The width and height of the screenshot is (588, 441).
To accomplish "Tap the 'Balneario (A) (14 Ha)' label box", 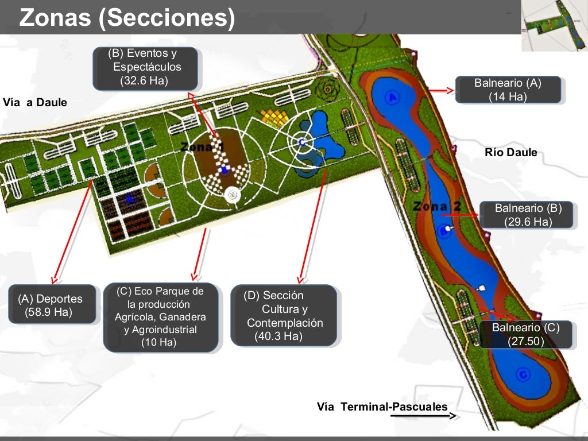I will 508,90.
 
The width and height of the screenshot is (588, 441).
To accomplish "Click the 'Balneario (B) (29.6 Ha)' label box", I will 528,215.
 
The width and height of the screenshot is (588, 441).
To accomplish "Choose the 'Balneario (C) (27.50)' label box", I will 525,334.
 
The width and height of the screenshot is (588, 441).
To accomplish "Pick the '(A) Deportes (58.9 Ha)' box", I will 52,304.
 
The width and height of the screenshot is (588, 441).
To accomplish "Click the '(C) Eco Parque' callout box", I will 160,317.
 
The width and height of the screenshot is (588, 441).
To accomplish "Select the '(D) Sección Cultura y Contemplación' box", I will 283,316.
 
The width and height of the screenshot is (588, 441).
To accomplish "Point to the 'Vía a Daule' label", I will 35,103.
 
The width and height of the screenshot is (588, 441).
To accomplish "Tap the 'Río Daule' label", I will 511,153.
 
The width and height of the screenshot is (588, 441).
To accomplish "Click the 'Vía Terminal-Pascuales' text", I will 382,407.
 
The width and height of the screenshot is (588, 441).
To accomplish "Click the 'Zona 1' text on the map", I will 202,148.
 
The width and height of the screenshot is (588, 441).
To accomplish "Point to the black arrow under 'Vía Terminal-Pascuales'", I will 424,416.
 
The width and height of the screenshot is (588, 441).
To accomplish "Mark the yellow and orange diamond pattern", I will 275,117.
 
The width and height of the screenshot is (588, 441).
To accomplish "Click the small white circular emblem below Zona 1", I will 233,195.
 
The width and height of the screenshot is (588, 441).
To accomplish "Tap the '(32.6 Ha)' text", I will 144,80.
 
